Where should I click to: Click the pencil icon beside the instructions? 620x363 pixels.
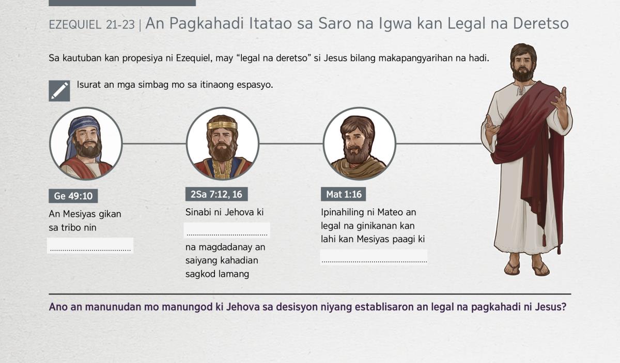point(59,91)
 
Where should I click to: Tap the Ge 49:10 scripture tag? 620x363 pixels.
point(73,196)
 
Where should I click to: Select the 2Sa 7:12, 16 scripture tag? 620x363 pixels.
point(216,194)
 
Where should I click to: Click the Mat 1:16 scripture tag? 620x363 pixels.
point(343,194)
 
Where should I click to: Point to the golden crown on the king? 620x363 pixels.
point(222,125)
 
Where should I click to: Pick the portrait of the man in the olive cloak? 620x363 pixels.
point(360,144)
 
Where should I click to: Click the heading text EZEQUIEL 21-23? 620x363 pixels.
point(91,25)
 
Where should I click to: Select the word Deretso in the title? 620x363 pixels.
point(541,23)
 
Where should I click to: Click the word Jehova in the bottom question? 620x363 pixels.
point(243,307)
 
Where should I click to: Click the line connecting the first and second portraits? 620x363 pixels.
point(154,144)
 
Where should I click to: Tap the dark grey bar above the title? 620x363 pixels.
point(122,3)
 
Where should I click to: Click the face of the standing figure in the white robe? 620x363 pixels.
point(522,65)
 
